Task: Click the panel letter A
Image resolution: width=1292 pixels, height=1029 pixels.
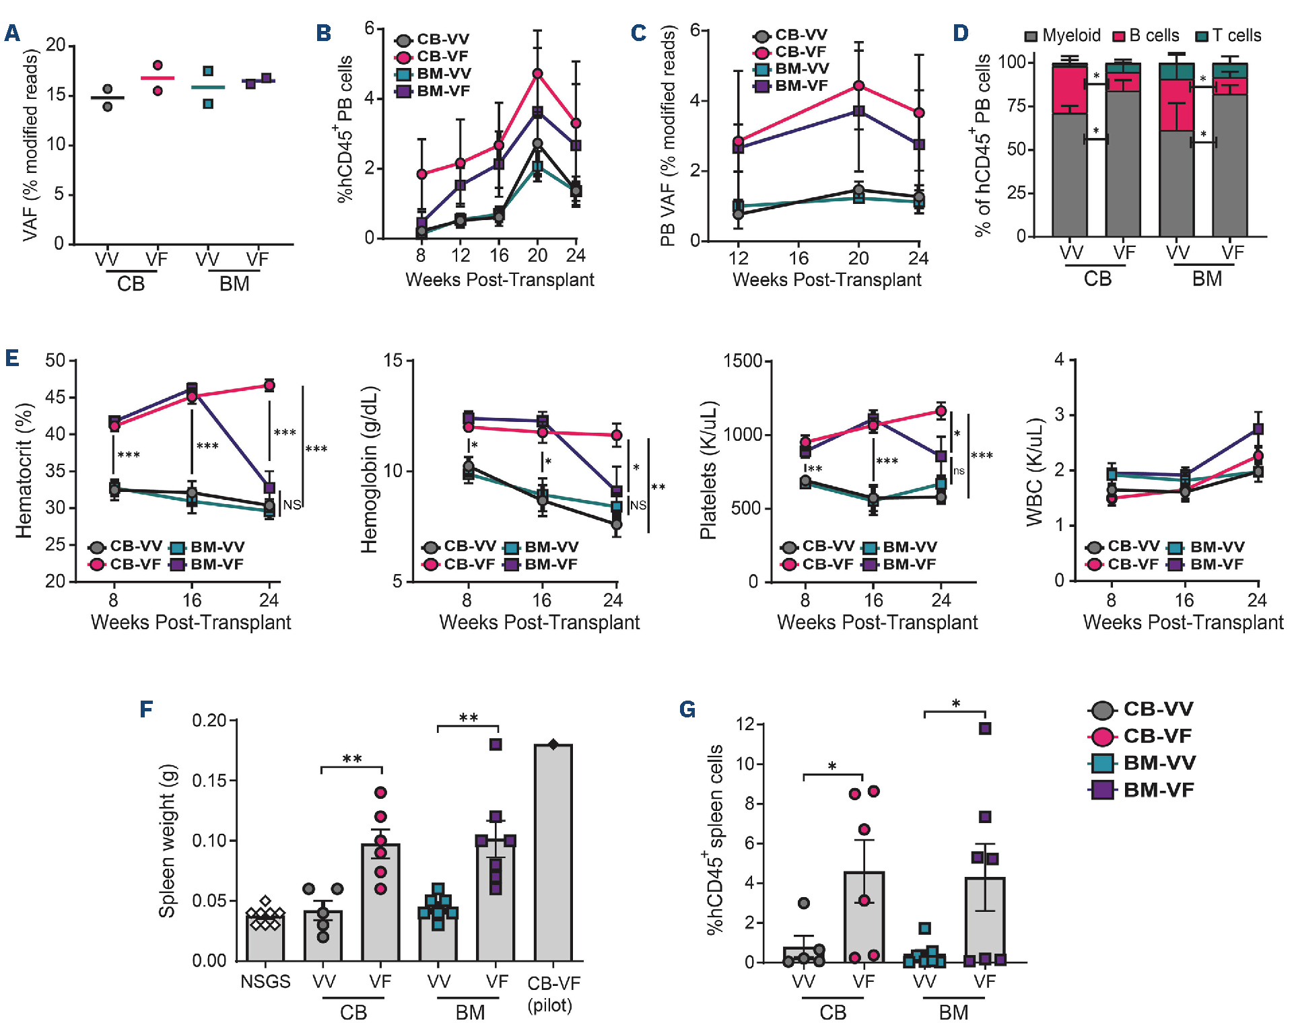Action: click(12, 32)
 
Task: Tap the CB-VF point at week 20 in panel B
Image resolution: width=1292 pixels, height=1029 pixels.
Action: click(537, 73)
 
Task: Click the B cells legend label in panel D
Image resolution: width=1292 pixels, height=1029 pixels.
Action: click(1153, 36)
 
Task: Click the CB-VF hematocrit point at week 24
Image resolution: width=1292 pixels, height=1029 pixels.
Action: click(269, 386)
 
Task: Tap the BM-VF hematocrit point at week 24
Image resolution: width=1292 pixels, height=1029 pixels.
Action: click(269, 487)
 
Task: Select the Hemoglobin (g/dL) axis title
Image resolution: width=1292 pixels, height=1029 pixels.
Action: click(369, 470)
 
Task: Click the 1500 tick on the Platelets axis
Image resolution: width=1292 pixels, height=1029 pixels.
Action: click(743, 361)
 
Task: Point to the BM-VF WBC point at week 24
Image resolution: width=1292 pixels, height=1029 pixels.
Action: click(1258, 429)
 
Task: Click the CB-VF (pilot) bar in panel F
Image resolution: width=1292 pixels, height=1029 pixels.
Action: click(553, 851)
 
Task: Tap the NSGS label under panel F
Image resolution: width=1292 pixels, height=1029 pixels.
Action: click(265, 981)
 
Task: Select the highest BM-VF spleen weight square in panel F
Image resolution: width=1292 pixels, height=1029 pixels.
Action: click(496, 744)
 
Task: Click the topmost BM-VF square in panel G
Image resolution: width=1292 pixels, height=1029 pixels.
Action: click(985, 728)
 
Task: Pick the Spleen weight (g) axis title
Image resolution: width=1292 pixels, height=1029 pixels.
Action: click(166, 841)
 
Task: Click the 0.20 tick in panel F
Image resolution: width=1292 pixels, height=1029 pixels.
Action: click(209, 721)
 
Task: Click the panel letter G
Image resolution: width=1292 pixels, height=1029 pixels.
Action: click(687, 709)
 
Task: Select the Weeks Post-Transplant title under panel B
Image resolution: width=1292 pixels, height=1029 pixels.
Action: click(500, 279)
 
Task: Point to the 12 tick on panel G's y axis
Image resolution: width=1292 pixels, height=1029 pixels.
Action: click(745, 724)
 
